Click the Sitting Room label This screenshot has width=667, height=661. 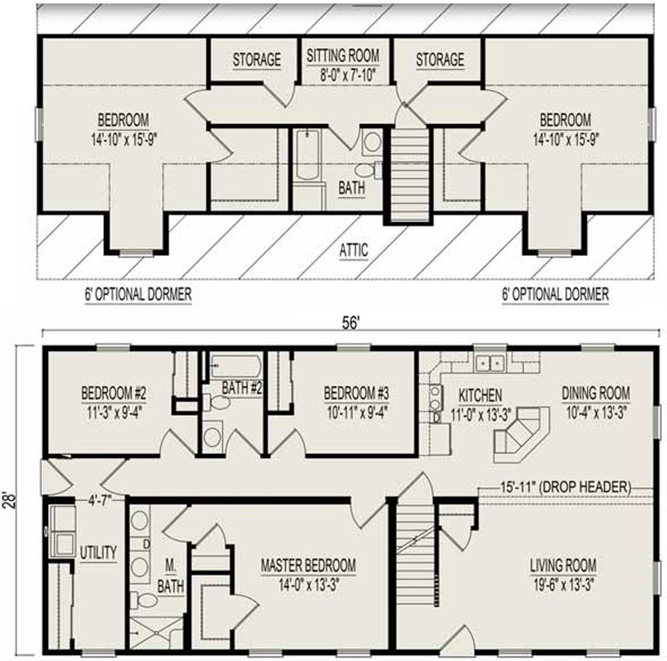[343, 55]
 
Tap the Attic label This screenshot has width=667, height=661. [354, 250]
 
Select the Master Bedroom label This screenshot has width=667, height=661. [308, 565]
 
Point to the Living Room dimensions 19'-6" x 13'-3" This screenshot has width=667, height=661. [563, 585]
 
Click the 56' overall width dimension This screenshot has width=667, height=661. [352, 323]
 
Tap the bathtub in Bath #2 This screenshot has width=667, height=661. [235, 366]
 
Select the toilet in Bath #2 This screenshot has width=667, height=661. [216, 402]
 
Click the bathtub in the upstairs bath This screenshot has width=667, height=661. [307, 155]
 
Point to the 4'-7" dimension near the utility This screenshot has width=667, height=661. [99, 500]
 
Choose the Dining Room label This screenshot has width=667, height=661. [596, 392]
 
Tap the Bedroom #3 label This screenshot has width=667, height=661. [356, 393]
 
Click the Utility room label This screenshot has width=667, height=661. [98, 552]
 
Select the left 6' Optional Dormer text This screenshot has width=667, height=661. [138, 294]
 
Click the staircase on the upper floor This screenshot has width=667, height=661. [409, 175]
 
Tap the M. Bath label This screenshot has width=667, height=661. [171, 576]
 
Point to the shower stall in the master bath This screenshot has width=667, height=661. [155, 634]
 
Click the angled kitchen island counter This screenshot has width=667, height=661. [522, 434]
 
